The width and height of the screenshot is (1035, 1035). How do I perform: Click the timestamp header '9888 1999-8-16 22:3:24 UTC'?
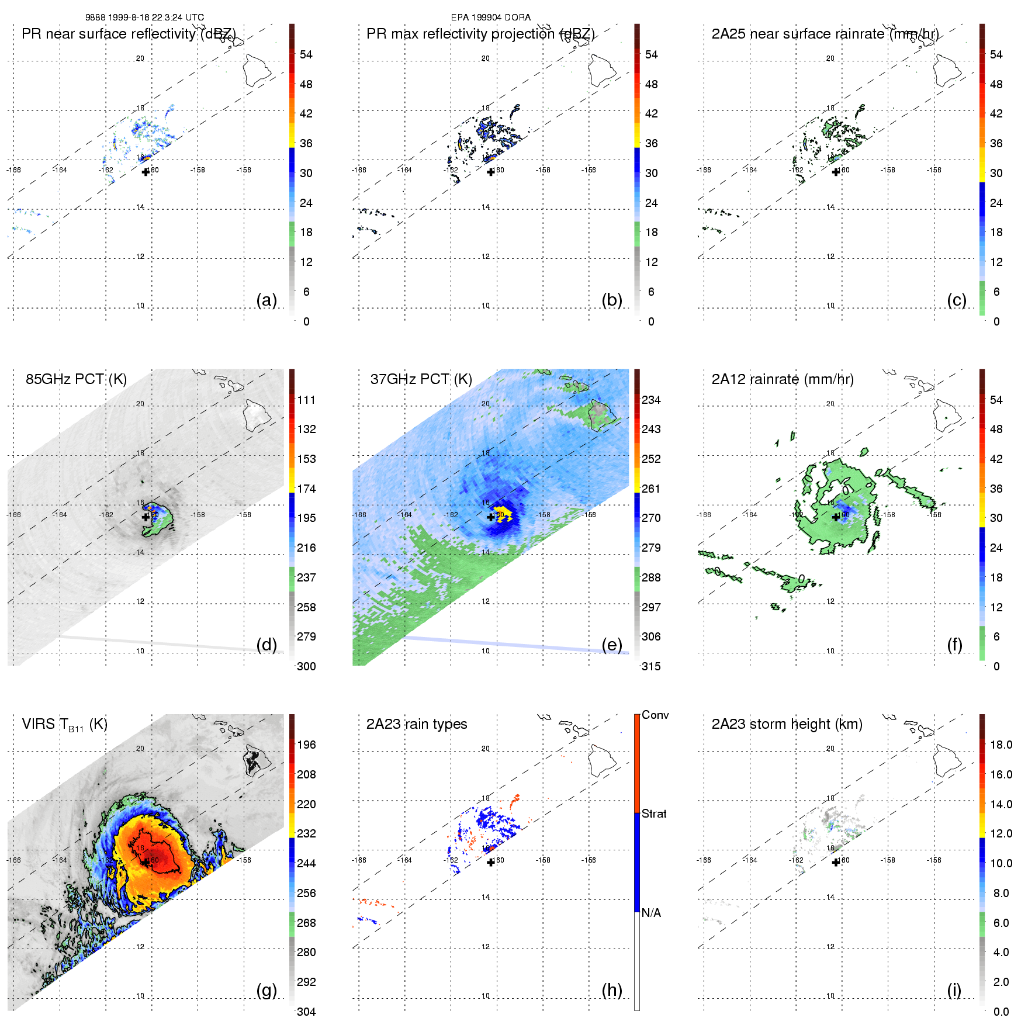click(x=144, y=18)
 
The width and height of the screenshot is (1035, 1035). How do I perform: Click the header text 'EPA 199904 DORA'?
click(x=490, y=18)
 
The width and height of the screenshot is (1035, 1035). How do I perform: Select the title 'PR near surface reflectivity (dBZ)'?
click(x=129, y=34)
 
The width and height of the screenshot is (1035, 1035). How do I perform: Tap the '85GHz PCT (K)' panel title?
click(x=76, y=379)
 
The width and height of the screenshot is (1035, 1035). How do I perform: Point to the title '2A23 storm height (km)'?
click(x=787, y=724)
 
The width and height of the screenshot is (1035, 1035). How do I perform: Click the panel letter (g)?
click(x=266, y=990)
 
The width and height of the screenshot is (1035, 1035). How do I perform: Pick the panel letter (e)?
click(x=612, y=645)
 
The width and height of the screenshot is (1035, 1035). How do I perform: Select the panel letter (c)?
click(x=957, y=300)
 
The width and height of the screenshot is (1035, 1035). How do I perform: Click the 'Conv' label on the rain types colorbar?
click(x=655, y=715)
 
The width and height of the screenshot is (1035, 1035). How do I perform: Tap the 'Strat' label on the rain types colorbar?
click(x=654, y=814)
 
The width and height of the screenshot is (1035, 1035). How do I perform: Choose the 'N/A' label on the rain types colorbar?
click(x=651, y=913)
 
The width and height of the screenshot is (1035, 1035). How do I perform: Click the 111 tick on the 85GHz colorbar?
click(x=306, y=400)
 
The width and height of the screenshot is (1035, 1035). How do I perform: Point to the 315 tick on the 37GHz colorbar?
click(x=651, y=666)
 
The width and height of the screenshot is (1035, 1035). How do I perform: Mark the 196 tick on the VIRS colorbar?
click(x=306, y=745)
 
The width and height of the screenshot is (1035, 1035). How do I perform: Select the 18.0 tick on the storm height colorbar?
click(x=1001, y=745)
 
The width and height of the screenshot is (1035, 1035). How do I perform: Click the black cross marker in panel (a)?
click(x=146, y=172)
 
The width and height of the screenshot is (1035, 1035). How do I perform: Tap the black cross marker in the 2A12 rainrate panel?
click(x=836, y=517)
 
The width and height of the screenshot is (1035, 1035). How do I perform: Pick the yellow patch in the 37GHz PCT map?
click(x=503, y=515)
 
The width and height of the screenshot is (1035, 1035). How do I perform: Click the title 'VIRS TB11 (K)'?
click(x=64, y=725)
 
